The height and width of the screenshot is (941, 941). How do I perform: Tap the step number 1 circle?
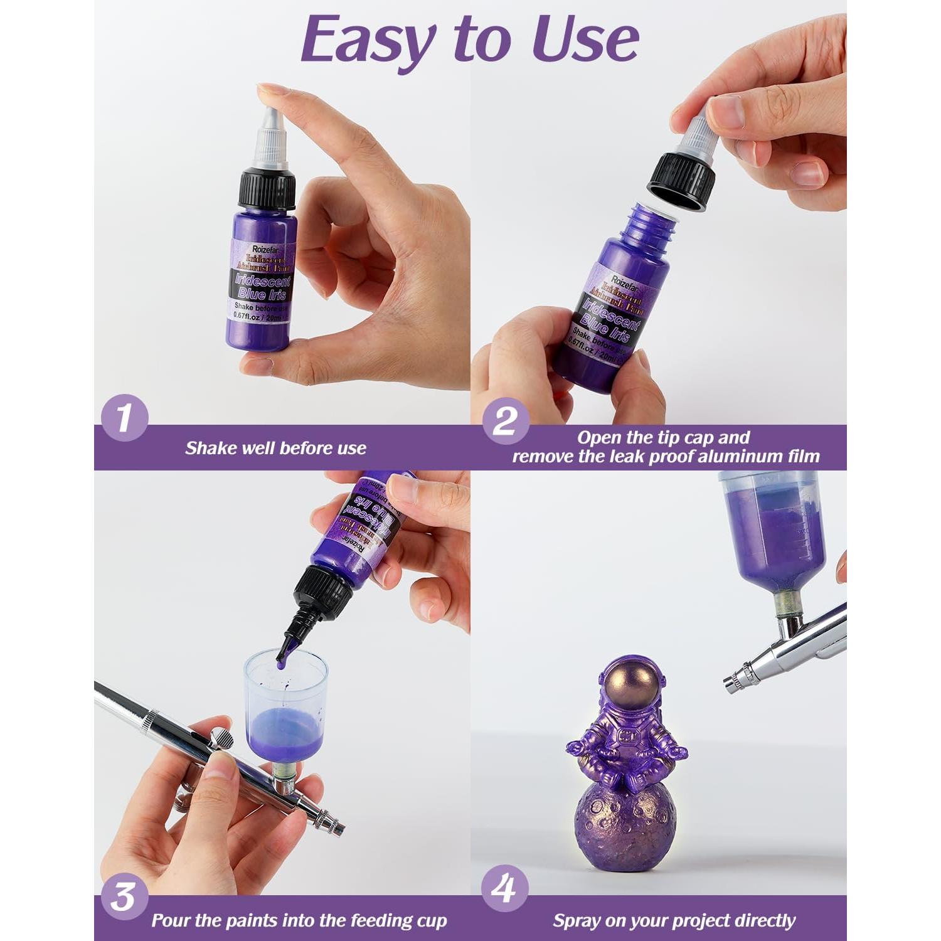[x=124, y=418]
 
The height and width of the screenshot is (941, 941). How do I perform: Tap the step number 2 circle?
[x=506, y=421]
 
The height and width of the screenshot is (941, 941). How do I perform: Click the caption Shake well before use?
[x=275, y=448]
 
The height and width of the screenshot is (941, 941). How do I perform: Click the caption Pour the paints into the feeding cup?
[x=299, y=920]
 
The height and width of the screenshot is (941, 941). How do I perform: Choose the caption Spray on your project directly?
[x=674, y=920]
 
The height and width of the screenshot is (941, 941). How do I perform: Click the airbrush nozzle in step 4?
[x=731, y=681]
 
